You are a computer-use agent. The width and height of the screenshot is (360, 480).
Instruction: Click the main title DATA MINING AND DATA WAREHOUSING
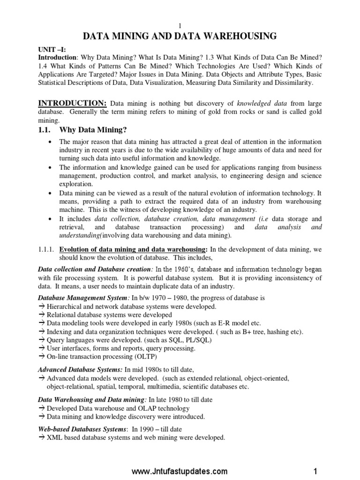(180, 36)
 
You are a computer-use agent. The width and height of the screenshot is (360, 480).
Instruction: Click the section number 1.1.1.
(46, 249)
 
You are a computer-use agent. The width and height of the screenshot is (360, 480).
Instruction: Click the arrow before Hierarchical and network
(41, 306)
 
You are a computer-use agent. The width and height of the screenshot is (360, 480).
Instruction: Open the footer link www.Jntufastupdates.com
(180, 471)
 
